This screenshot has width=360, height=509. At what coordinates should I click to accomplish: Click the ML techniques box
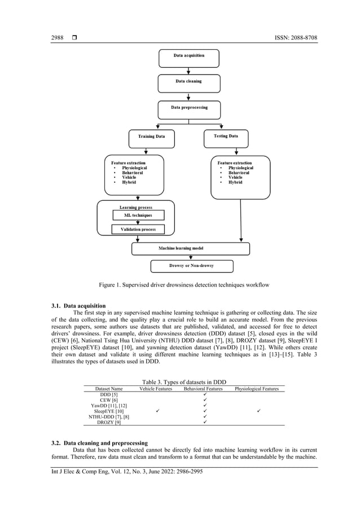[x=138, y=216]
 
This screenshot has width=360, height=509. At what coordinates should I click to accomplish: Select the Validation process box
[x=138, y=230]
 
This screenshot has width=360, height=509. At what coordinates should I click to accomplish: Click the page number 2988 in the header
[x=58, y=38]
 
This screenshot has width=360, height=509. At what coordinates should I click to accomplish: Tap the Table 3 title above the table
[x=180, y=382]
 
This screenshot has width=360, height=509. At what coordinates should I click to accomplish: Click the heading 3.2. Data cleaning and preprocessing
[x=99, y=443]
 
